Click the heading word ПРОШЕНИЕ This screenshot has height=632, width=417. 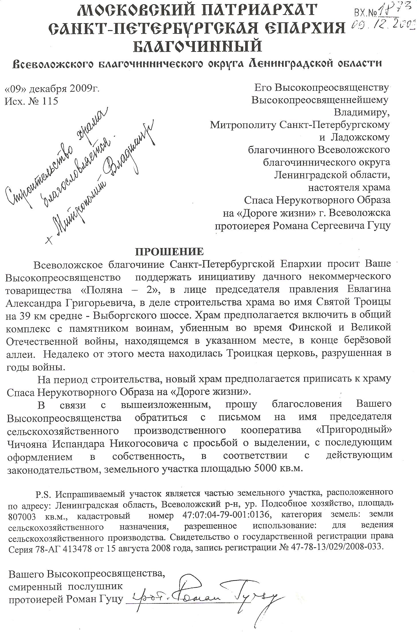(x=169, y=251)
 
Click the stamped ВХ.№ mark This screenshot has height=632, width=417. (x=365, y=12)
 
